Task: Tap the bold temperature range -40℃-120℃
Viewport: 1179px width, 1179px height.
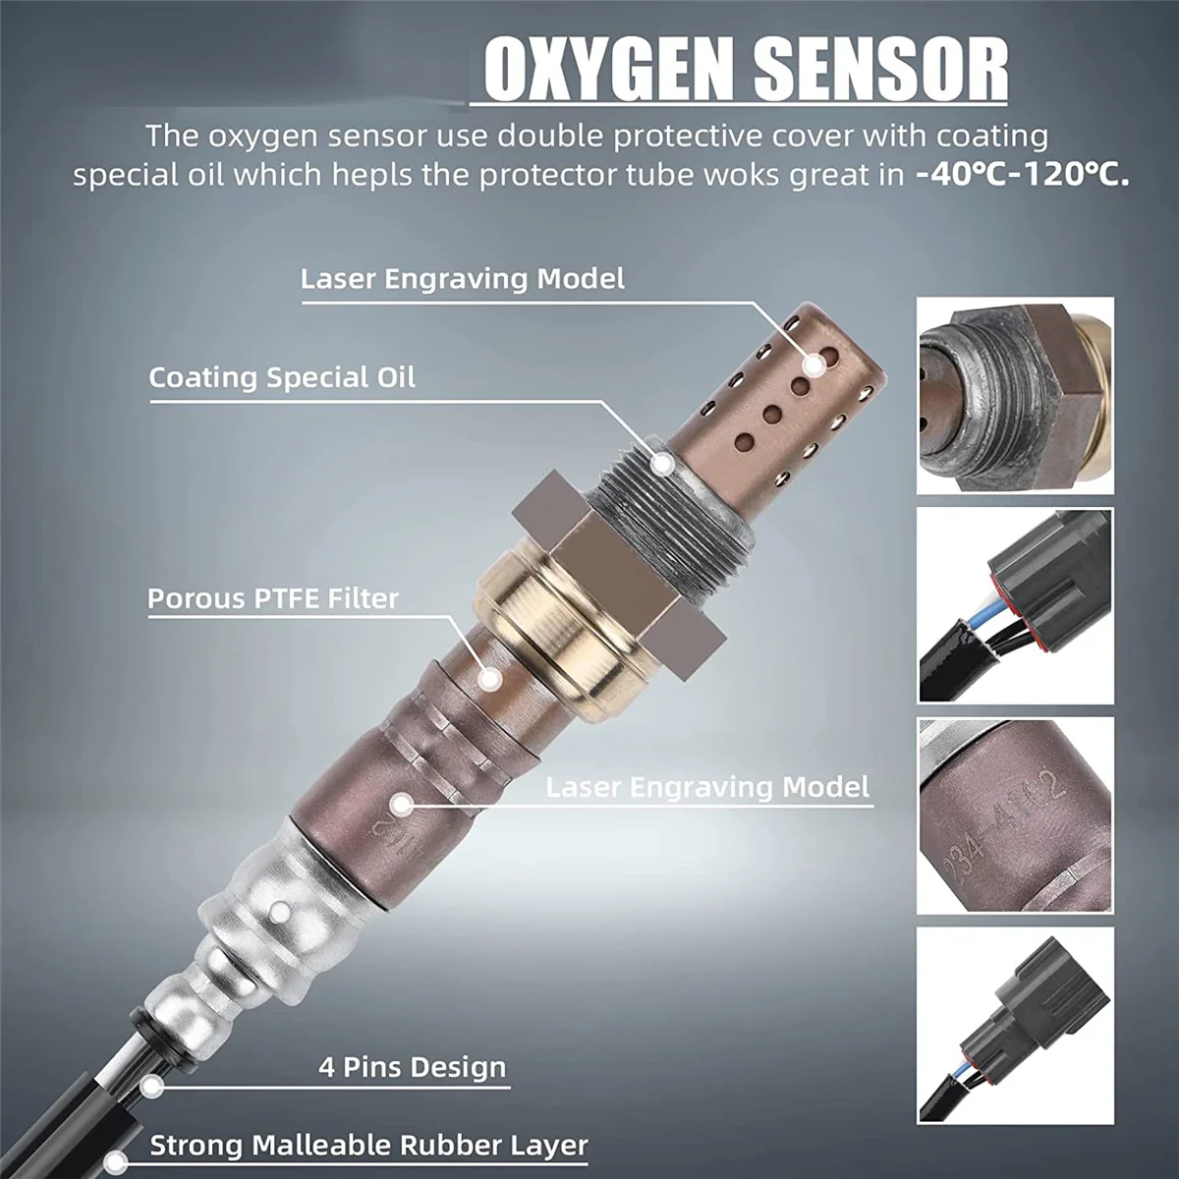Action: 1022,176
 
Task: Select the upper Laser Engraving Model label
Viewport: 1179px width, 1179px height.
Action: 462,279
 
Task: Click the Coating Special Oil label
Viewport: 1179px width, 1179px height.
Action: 282,377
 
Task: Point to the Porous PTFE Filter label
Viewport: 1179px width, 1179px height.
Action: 273,598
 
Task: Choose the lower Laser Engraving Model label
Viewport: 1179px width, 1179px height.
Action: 707,787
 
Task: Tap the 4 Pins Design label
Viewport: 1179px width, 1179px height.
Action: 413,1067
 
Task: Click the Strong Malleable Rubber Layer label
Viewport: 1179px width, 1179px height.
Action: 368,1146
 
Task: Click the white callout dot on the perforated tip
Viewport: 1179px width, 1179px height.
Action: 814,365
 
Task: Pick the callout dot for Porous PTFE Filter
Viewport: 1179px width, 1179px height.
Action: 487,675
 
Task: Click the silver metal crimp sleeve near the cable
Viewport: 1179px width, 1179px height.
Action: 280,914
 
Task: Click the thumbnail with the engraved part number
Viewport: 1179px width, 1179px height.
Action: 1015,814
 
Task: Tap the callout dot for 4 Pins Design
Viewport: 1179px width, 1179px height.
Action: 150,1085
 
